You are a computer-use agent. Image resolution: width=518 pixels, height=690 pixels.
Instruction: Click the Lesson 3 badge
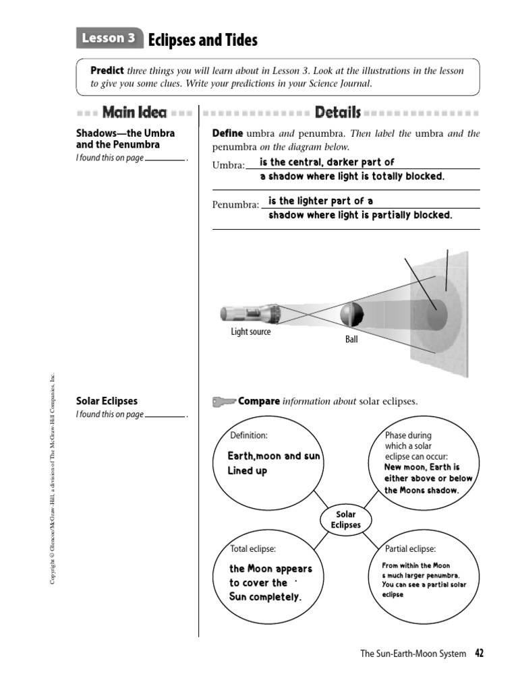[109, 39]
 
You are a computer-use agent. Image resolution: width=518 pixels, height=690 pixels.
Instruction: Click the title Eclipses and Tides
[202, 40]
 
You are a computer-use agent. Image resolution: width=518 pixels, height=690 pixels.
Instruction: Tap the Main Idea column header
[134, 113]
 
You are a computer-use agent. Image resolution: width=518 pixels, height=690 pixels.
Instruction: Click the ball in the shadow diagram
[351, 314]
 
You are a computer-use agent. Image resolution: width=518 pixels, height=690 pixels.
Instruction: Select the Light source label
[251, 332]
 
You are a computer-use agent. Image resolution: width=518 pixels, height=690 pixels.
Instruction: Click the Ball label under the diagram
[351, 340]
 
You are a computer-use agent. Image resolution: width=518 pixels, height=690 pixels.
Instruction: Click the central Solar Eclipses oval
[345, 520]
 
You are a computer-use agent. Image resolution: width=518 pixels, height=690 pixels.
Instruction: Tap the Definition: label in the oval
[249, 435]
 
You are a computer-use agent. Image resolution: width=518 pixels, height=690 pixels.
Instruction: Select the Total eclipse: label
[253, 548]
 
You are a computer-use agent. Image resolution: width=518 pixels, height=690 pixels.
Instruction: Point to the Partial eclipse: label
[410, 548]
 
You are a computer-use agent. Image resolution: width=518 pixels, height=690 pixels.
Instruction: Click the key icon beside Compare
[223, 402]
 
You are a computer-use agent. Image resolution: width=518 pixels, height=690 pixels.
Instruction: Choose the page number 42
[480, 653]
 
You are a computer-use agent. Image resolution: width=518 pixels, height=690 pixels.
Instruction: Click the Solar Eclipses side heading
[107, 401]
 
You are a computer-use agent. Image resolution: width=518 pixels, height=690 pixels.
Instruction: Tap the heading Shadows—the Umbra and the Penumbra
[125, 139]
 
